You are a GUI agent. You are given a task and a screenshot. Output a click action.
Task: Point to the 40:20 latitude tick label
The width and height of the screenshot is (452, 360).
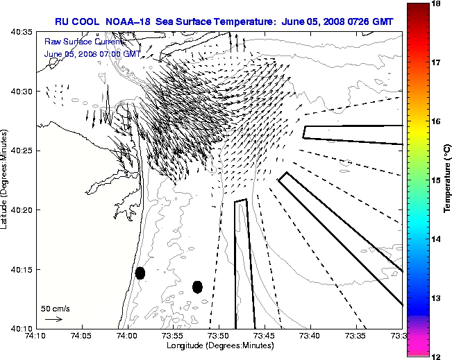coord(22,210)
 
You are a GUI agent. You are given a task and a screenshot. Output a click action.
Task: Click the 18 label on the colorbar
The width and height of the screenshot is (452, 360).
coord(437,4)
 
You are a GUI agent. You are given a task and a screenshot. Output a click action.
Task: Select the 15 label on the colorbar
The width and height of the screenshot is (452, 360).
coord(437,180)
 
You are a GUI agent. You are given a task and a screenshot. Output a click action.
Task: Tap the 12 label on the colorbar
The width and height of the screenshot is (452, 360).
coord(437,356)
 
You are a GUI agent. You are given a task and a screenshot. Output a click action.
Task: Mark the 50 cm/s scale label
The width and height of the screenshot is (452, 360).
coord(55,309)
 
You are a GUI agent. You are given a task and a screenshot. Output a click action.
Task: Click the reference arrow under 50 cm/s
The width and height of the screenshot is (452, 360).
coord(53,319)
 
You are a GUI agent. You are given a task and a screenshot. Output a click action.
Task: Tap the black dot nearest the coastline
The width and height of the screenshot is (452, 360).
coord(140,273)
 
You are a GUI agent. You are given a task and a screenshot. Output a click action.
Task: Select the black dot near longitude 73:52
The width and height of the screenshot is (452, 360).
coord(197,286)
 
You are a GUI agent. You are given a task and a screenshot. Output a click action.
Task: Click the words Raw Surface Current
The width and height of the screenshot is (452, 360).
coord(74,43)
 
